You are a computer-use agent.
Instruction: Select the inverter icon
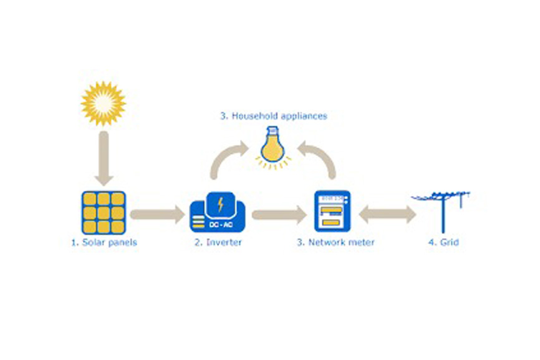(218, 212)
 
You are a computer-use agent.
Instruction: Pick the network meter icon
(330, 212)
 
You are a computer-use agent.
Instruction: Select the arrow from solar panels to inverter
(158, 215)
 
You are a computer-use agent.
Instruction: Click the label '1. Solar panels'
(104, 242)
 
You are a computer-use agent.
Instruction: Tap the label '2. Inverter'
(216, 242)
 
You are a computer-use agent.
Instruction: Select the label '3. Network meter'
(335, 242)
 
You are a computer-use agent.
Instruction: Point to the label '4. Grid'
(443, 242)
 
